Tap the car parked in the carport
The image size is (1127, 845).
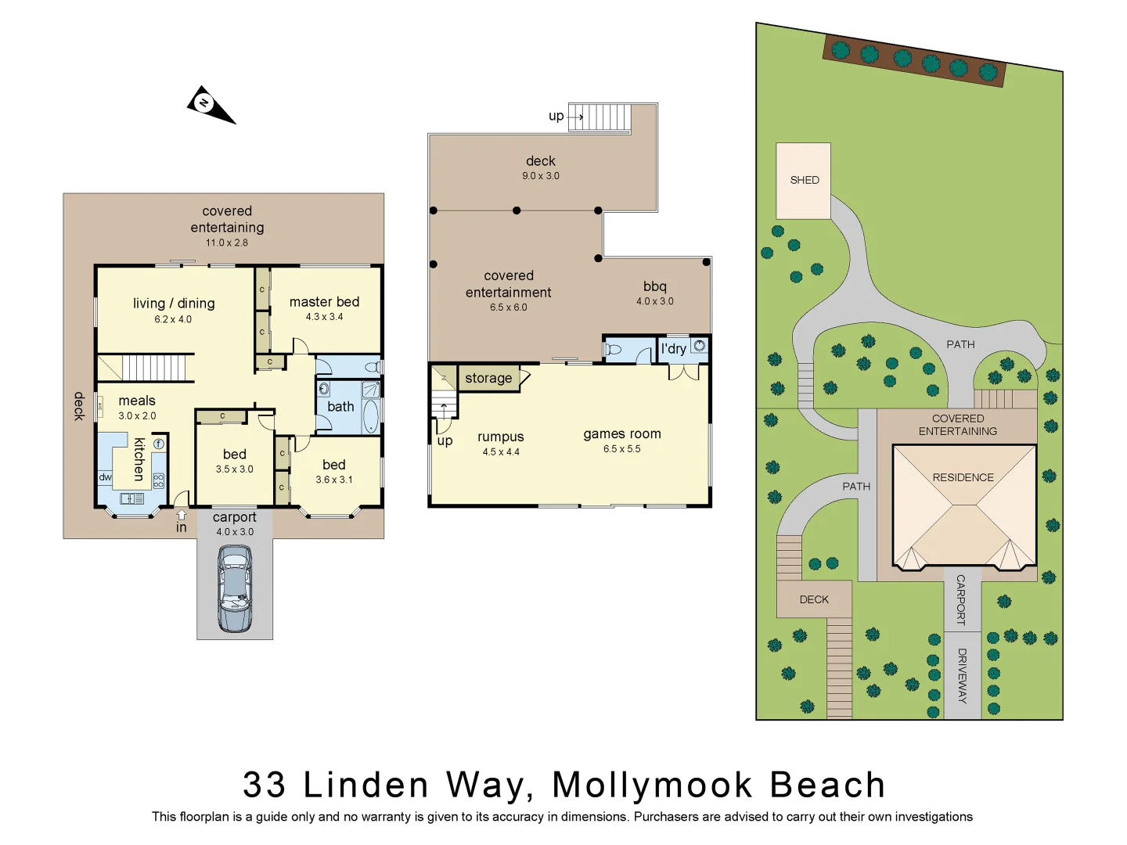coord(235,588)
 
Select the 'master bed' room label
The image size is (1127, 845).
coord(324,302)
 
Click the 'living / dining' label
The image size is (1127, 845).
coord(174,304)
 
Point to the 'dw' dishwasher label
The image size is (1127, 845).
coord(106,477)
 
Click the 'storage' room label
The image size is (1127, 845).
coord(488,379)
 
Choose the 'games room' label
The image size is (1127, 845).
coord(622,434)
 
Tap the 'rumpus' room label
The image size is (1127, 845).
coord(501,437)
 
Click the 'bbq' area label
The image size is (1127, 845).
coord(655,287)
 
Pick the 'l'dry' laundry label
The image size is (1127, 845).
coord(674,349)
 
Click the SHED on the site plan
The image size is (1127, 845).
coord(804,181)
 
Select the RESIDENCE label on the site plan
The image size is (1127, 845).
coord(963,477)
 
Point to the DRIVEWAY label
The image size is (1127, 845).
coord(962,676)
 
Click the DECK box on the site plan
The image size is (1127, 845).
coord(814,600)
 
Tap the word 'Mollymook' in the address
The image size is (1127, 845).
coord(652,786)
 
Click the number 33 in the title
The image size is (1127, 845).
coord(265,786)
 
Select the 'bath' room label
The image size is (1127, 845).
coord(340,407)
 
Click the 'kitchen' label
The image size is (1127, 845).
coord(139,459)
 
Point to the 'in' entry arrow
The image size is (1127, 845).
coord(182,516)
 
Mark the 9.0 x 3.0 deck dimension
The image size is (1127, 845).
coord(541,176)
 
